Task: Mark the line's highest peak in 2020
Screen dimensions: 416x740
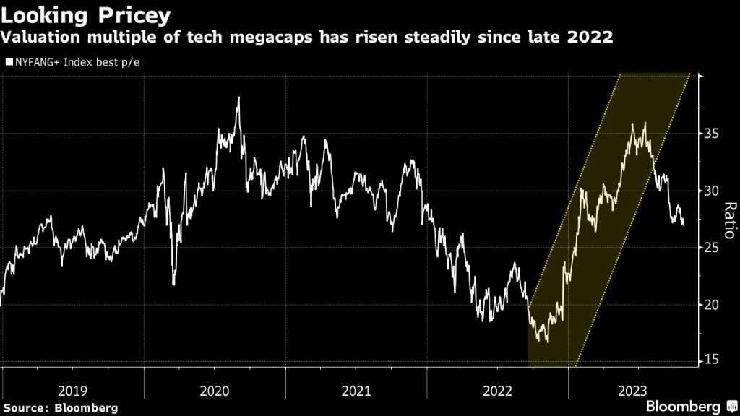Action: click(x=238, y=97)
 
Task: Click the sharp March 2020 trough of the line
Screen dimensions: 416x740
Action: click(x=173, y=284)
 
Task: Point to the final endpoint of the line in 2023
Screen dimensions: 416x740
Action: click(x=683, y=225)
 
